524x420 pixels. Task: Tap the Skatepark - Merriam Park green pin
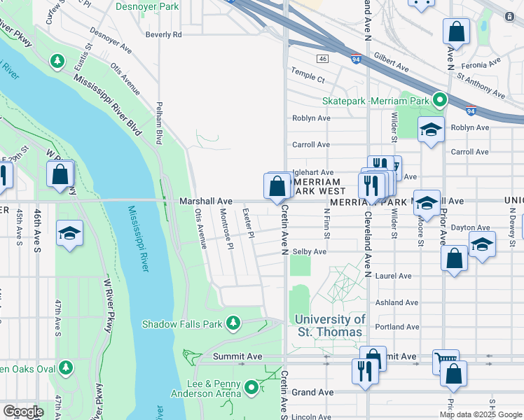pos(440,101)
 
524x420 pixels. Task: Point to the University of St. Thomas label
pos(330,325)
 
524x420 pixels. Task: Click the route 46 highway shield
pos(322,58)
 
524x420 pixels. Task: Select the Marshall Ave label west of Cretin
pos(205,201)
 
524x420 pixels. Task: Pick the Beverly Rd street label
pos(163,34)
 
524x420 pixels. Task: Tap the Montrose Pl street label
pos(226,227)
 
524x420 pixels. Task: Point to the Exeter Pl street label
pos(247,221)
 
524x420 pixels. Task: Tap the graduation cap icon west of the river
pos(69,234)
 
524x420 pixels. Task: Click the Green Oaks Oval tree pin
pos(65,367)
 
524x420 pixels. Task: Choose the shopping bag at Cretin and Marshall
pos(277,186)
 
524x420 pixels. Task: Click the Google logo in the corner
pos(23,412)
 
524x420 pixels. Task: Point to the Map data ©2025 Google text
pos(481,414)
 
